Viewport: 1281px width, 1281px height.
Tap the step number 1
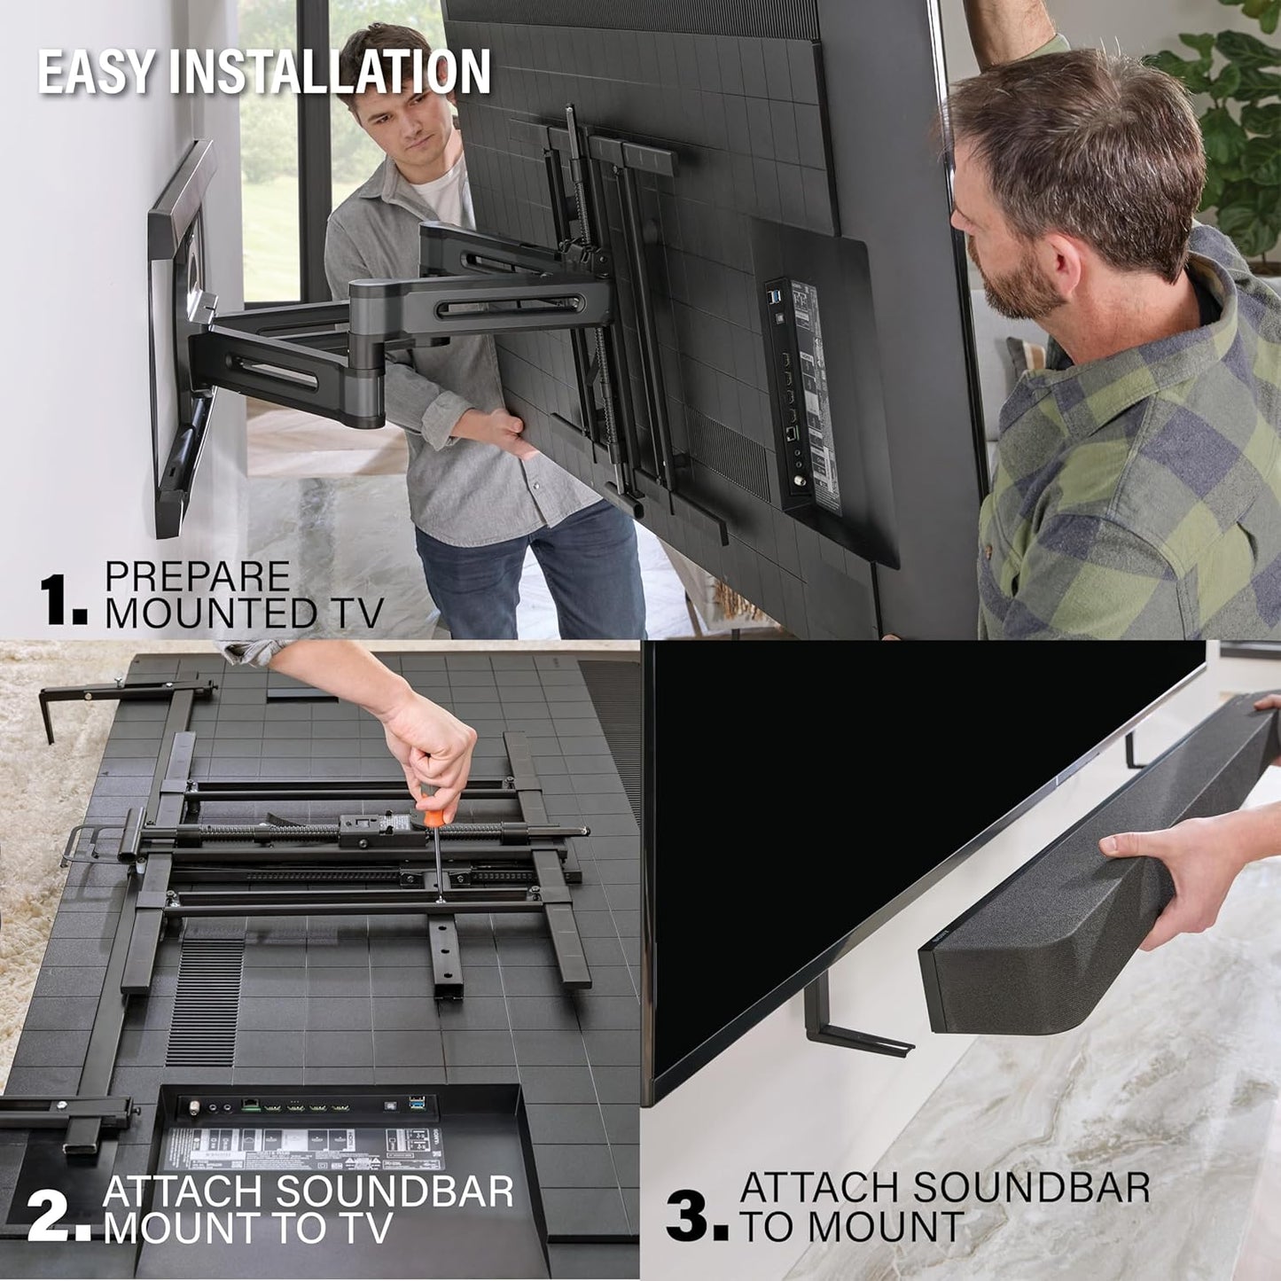click(x=58, y=599)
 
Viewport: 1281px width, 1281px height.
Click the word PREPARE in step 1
click(x=197, y=577)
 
